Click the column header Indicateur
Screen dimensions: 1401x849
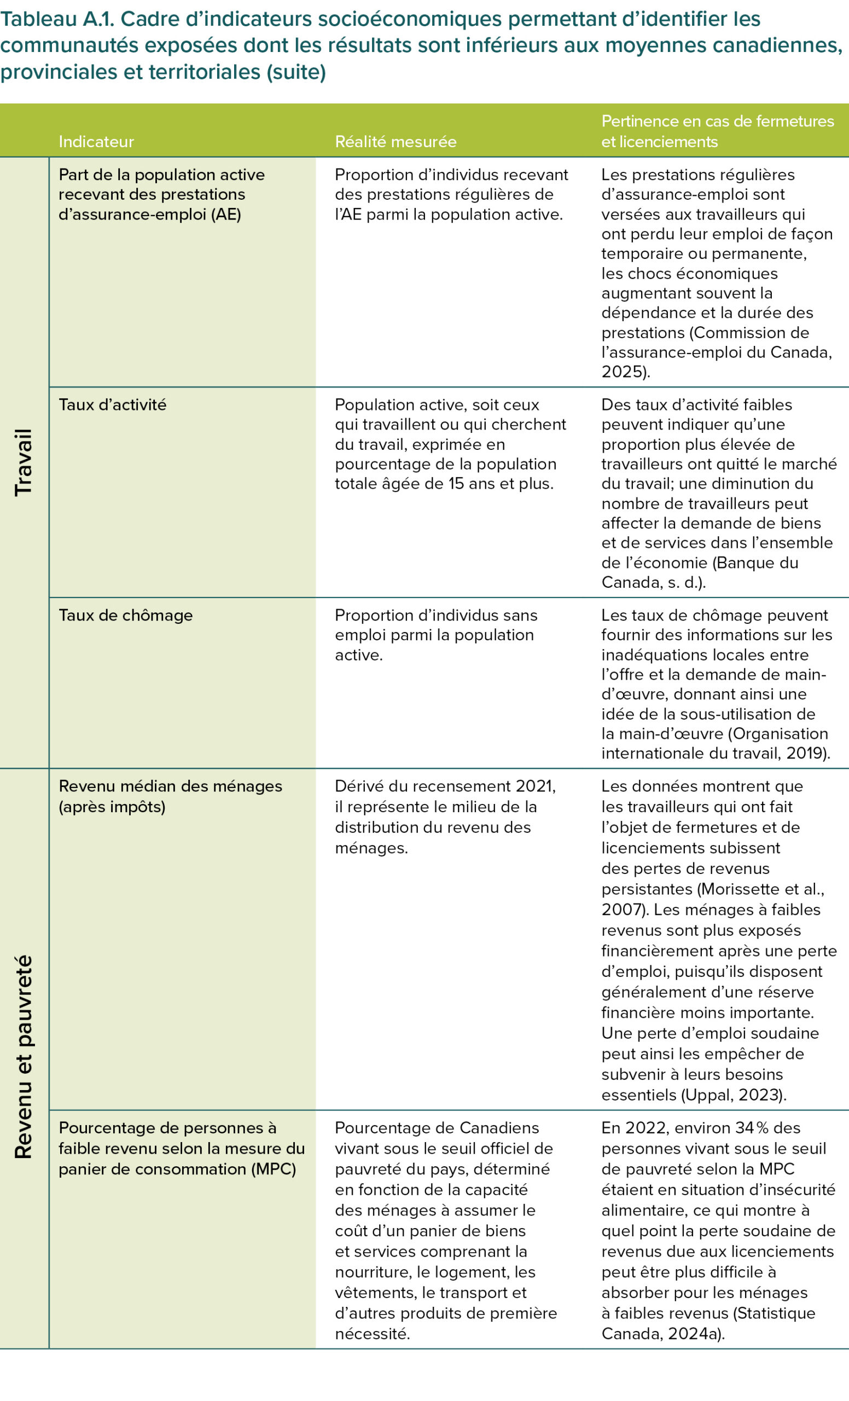click(96, 142)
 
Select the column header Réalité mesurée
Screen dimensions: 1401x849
click(396, 142)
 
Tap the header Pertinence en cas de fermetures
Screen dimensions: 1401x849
click(717, 121)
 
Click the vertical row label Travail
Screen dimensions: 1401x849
click(24, 462)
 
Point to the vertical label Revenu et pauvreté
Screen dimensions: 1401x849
click(24, 1057)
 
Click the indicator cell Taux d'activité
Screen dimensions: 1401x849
click(113, 405)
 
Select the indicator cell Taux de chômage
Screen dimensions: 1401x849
click(126, 615)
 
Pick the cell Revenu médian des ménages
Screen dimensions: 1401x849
click(171, 786)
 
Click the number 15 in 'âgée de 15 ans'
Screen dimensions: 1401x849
click(456, 484)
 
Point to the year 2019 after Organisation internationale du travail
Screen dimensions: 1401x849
click(806, 754)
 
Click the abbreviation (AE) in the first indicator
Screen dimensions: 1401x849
click(225, 215)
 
